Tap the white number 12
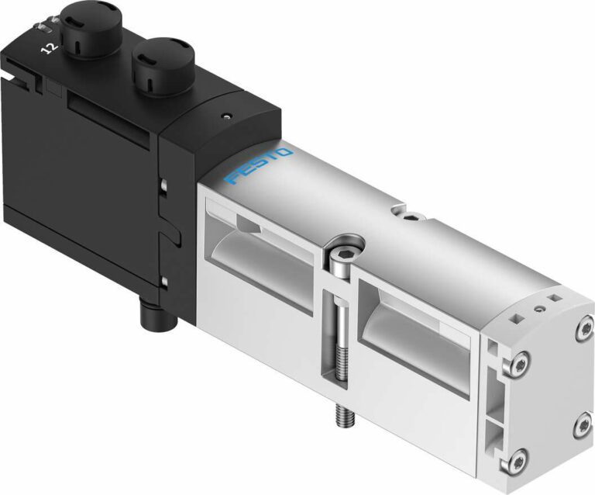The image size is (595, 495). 49,47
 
